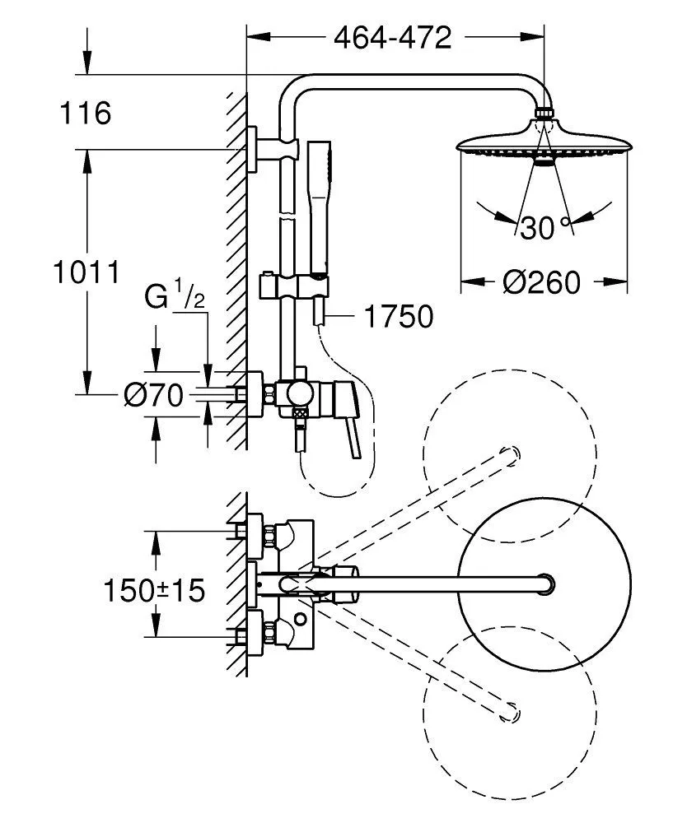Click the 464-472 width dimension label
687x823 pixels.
point(392,37)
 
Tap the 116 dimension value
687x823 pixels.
point(85,113)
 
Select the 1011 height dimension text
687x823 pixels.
point(85,271)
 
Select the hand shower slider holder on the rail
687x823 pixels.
point(295,286)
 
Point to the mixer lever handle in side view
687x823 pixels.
point(353,428)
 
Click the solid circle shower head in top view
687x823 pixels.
point(544,583)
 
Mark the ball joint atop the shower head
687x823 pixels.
point(543,113)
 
